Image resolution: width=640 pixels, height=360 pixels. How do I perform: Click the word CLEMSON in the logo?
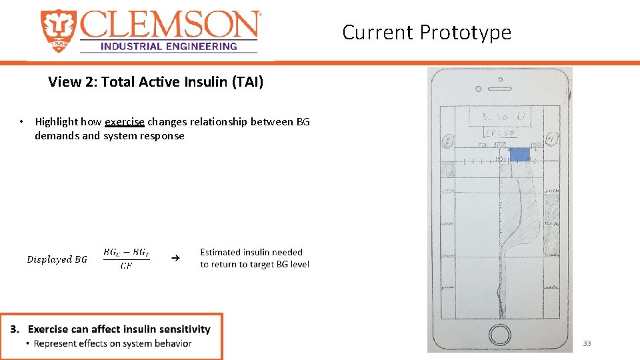point(170,25)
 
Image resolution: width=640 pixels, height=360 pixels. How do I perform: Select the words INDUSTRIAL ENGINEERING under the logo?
point(168,46)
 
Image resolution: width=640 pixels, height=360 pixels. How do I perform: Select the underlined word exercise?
point(125,122)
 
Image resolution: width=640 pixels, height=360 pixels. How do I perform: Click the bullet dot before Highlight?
point(22,122)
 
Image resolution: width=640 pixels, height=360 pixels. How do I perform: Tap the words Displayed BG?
point(57,259)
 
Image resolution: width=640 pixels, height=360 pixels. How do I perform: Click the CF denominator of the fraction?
point(126,266)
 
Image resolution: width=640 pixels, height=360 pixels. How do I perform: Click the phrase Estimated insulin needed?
point(251,252)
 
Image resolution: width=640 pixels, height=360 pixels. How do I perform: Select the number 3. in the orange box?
point(14,329)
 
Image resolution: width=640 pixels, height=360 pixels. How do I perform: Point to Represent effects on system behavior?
point(113,343)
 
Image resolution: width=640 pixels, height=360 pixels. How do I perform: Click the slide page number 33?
point(587,343)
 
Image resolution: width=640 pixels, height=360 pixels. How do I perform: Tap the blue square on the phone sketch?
point(519,154)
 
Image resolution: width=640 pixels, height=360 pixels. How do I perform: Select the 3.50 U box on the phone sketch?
point(499,117)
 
